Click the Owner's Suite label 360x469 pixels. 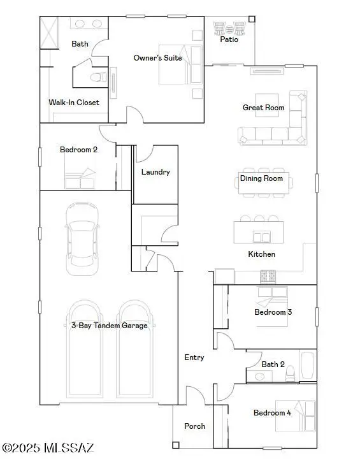tap(157, 58)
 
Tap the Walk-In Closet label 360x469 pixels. tap(74, 102)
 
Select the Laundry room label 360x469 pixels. tap(155, 172)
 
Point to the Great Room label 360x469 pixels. tap(263, 108)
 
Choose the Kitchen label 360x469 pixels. tap(261, 254)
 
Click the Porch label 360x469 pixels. tap(194, 426)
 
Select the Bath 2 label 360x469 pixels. tap(273, 364)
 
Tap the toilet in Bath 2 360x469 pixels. tap(290, 372)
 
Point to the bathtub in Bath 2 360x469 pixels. tap(307, 366)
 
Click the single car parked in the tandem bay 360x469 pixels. tap(83, 238)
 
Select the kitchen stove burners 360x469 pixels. tap(267, 277)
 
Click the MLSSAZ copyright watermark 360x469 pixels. tap(48, 448)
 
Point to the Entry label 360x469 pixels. tap(194, 357)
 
